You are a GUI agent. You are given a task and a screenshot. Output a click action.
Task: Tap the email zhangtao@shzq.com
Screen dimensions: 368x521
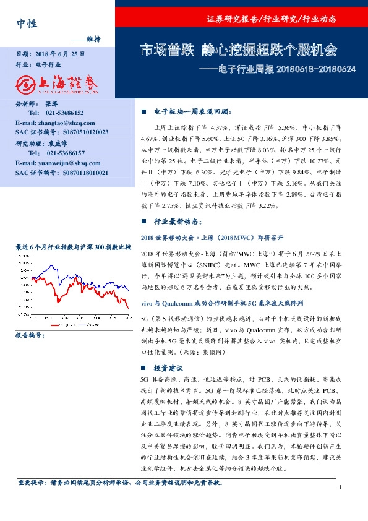point(56,123)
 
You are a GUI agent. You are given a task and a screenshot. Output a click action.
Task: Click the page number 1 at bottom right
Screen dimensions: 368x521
point(340,488)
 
